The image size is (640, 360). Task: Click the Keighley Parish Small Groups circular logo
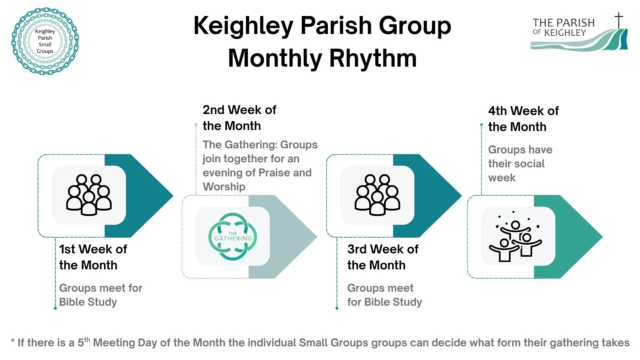click(x=45, y=41)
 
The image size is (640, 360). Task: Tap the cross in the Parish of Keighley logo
click(x=619, y=21)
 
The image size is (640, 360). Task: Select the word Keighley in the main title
click(x=244, y=26)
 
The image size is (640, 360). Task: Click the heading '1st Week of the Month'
click(x=93, y=257)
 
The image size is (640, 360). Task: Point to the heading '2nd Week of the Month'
click(x=239, y=118)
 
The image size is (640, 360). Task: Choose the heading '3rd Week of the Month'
click(x=383, y=257)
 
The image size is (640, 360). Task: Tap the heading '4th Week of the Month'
click(x=523, y=119)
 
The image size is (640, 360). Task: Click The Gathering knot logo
click(x=233, y=236)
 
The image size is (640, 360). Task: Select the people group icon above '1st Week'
click(x=89, y=195)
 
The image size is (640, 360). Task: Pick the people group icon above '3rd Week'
click(x=377, y=195)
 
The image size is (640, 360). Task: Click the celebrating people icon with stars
click(x=515, y=236)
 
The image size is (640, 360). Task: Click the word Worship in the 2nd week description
click(x=224, y=187)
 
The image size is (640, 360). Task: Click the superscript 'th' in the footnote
click(x=87, y=340)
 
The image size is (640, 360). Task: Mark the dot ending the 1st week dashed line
click(x=55, y=308)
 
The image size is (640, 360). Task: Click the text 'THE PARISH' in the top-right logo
click(x=564, y=23)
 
